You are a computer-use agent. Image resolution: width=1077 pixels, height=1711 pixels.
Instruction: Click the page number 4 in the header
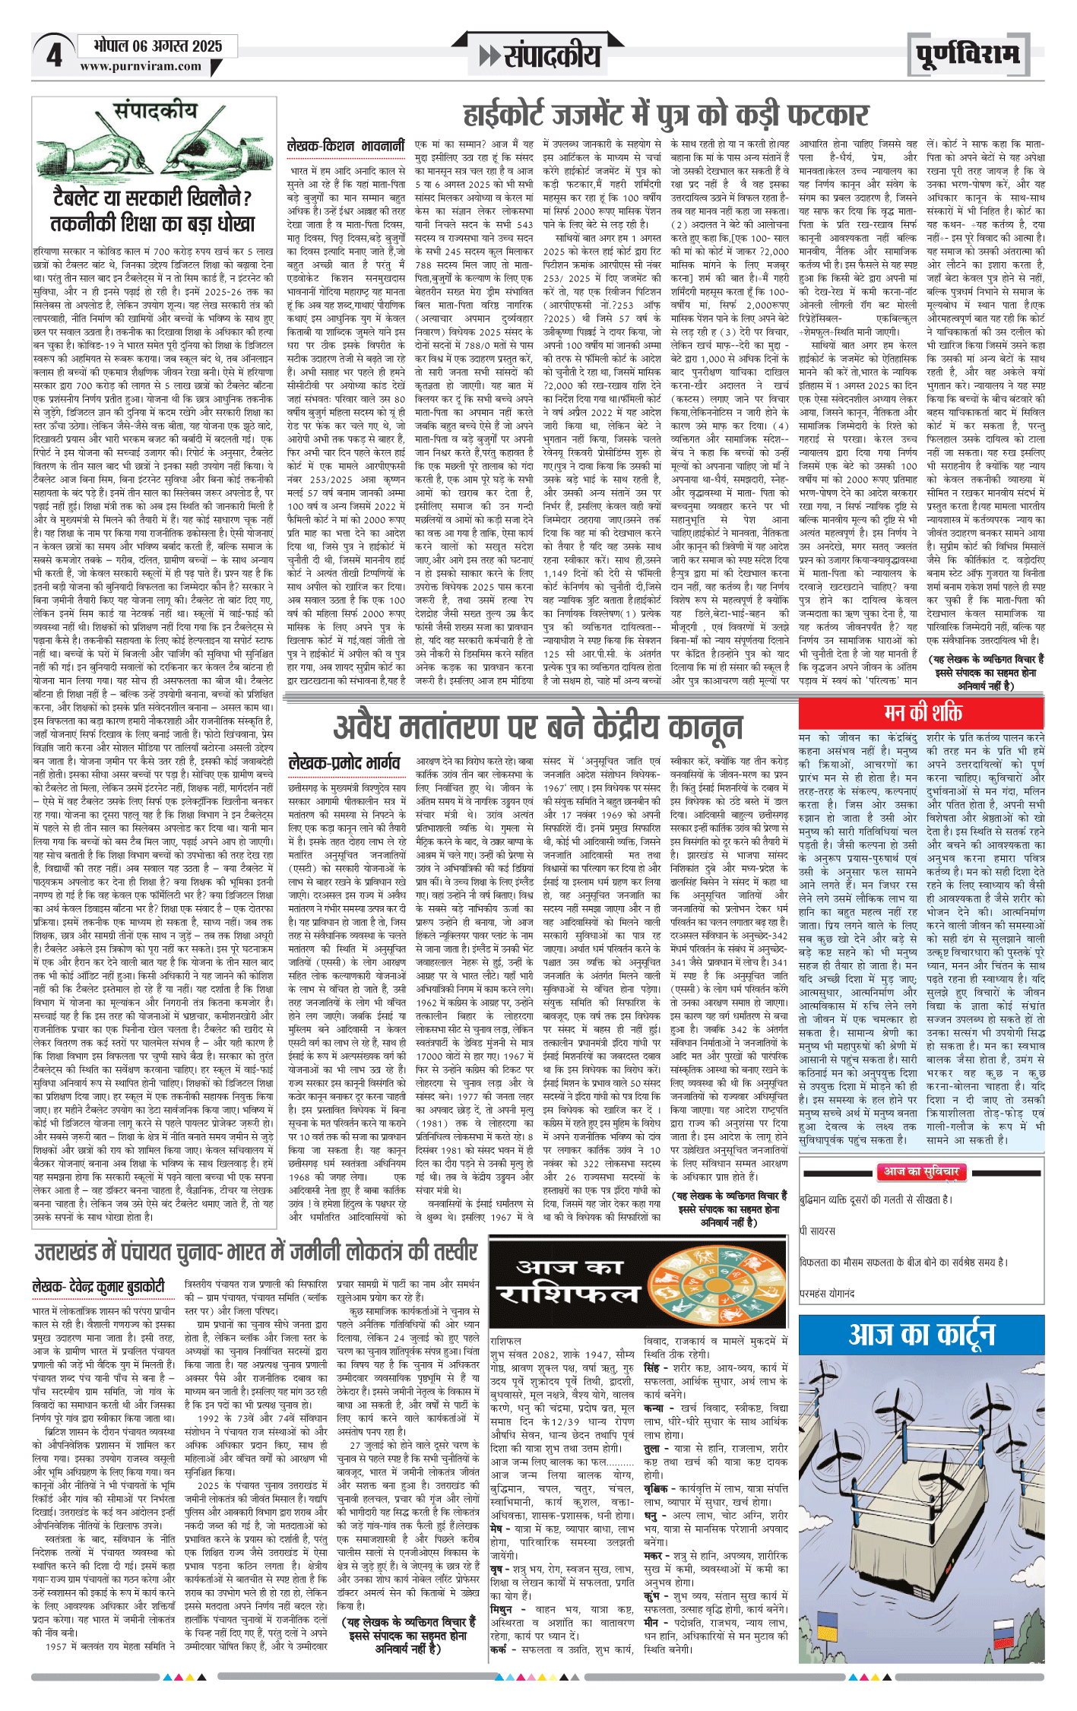(54, 55)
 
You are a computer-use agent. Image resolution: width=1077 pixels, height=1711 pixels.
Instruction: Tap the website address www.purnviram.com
(141, 67)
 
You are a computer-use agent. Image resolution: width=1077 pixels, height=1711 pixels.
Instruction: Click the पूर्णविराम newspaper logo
(967, 55)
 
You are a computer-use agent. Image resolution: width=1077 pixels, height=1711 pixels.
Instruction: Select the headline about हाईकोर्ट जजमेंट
(665, 116)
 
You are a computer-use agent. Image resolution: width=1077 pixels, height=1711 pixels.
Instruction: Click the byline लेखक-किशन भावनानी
(345, 146)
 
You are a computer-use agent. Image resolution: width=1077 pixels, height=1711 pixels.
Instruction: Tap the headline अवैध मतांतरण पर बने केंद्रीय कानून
(538, 727)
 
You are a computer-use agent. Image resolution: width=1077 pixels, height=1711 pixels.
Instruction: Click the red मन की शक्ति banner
(921, 712)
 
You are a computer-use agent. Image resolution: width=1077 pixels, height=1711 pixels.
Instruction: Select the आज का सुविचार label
(921, 1171)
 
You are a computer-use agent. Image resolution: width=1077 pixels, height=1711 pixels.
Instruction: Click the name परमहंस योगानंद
(827, 1293)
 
